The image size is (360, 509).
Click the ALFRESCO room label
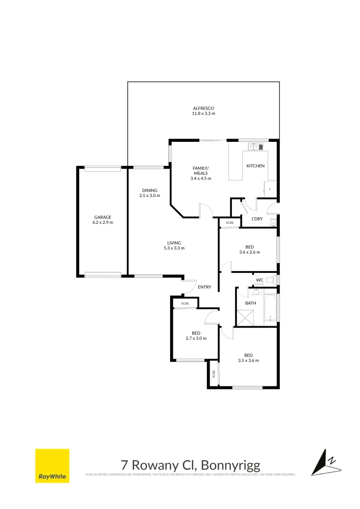203,108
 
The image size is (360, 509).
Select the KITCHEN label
255,166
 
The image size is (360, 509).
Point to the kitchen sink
255,147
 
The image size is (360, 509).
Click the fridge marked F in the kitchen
270,189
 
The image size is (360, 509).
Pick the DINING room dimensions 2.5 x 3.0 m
150,196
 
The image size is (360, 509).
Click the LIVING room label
174,243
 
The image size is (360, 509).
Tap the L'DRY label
257,219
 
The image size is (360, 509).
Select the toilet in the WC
270,280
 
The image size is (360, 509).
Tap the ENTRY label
205,287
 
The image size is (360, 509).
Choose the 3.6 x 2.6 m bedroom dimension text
250,252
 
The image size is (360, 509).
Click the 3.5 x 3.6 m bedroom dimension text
248,361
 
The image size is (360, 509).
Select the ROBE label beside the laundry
229,222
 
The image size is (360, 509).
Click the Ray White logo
52,466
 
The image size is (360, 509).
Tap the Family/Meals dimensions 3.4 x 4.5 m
201,179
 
